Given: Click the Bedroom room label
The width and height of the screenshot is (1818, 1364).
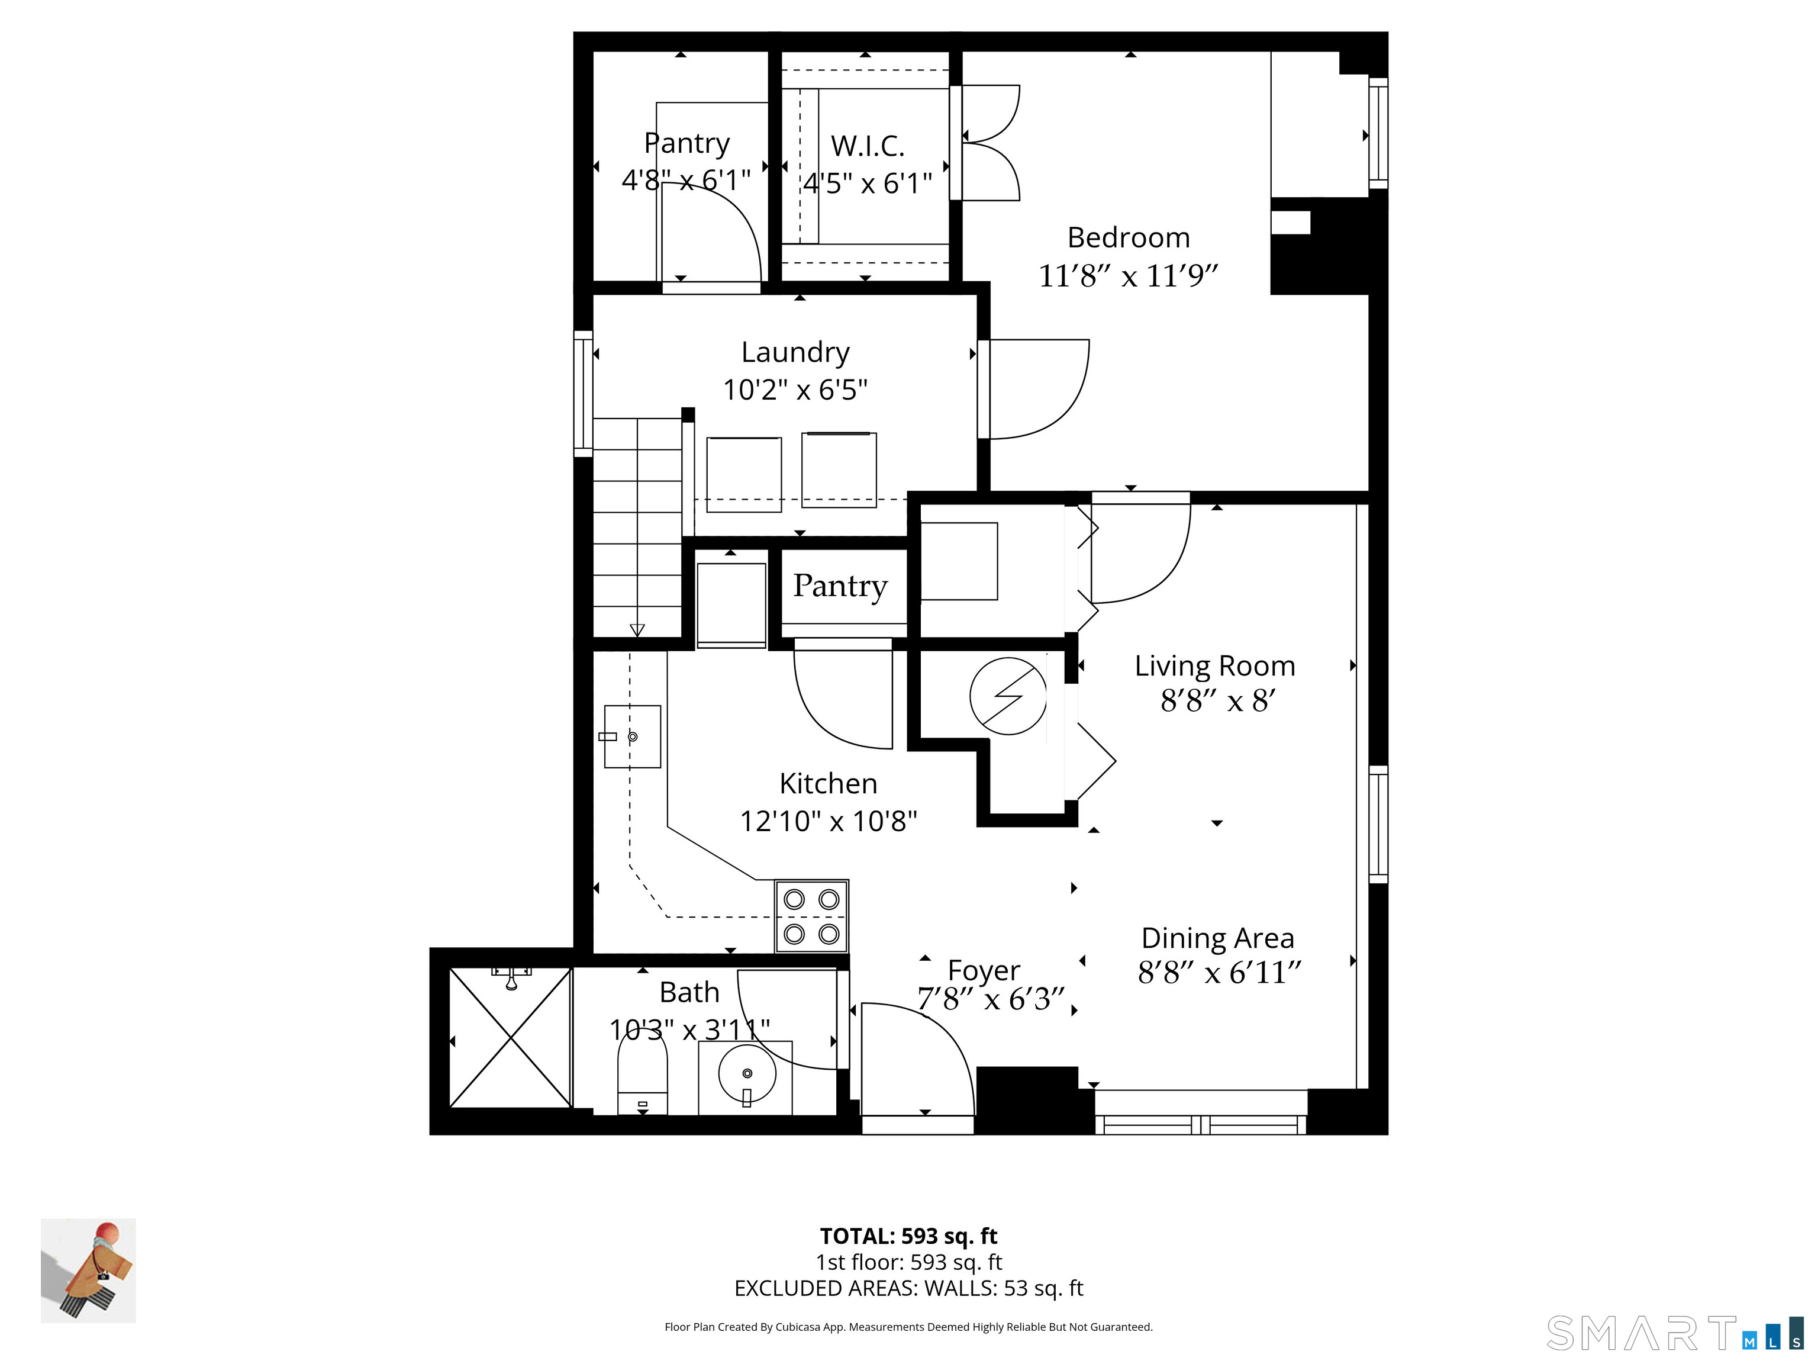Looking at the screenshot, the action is point(1129,237).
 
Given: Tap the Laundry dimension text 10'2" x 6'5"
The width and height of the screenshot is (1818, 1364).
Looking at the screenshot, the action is point(795,389).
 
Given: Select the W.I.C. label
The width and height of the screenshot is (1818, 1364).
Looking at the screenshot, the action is point(867,146).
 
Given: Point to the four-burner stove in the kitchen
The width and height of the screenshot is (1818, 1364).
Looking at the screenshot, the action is point(811,916).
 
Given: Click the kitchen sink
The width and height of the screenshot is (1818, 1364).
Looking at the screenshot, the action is point(632,736).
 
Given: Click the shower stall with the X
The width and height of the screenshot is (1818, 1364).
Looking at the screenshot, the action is point(510,1038).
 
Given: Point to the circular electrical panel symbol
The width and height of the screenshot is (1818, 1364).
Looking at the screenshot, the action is point(1008,696).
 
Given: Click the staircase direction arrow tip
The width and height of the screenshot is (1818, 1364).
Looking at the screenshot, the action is point(637,636).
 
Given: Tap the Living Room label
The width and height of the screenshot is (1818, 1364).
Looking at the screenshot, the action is point(1215,665).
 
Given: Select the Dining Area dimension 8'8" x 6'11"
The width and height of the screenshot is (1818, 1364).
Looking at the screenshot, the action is point(1220,973).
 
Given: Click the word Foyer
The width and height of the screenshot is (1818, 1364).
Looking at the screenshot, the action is point(984,971).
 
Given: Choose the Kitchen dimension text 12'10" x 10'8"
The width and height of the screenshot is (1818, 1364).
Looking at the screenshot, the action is point(829,821).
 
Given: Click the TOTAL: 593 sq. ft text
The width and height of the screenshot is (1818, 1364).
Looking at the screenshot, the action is point(908,1236).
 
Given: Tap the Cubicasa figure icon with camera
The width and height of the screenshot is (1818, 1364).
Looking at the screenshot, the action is point(88,1270).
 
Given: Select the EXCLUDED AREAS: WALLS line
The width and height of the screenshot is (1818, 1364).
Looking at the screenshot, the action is point(908,1288).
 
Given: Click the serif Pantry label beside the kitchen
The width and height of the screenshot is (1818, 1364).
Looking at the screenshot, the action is point(840,586).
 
